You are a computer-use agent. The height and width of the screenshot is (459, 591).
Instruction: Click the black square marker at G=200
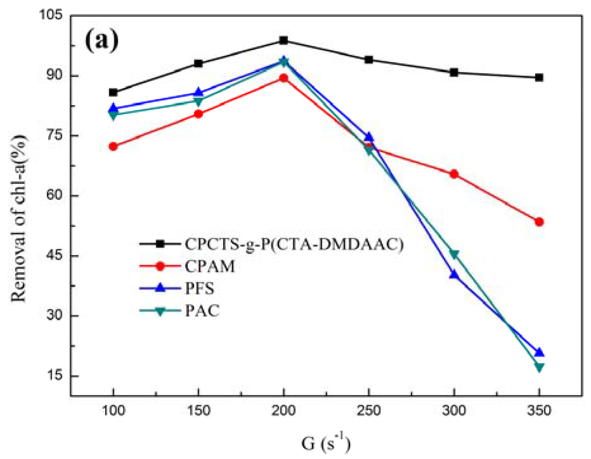pos(284,40)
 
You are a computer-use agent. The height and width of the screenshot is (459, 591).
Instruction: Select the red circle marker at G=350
pos(539,222)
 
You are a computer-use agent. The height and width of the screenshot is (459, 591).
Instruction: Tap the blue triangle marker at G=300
pos(454,274)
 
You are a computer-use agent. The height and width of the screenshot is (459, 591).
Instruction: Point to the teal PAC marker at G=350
pos(539,367)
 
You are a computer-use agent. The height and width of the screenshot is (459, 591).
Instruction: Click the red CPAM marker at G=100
pos(113,147)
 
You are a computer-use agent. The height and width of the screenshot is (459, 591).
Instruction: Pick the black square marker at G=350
pos(539,77)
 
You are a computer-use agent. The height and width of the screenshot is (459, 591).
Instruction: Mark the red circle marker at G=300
pos(454,174)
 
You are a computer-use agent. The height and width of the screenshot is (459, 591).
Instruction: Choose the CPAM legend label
pos(210,266)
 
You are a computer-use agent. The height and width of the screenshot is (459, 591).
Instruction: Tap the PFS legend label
pos(199,288)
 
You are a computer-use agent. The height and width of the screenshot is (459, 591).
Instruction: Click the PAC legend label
pos(202,311)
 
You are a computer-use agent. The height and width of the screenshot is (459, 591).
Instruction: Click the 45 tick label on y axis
pos(54,255)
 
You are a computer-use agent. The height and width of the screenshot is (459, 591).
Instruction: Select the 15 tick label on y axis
pos(54,376)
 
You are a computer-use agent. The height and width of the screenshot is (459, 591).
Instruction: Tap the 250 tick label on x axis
pos(369,411)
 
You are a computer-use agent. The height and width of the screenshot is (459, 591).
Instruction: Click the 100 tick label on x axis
pos(113,411)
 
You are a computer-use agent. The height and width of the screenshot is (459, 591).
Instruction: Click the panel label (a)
pos(102,40)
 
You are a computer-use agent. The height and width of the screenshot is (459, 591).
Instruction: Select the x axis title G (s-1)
pos(326,443)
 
